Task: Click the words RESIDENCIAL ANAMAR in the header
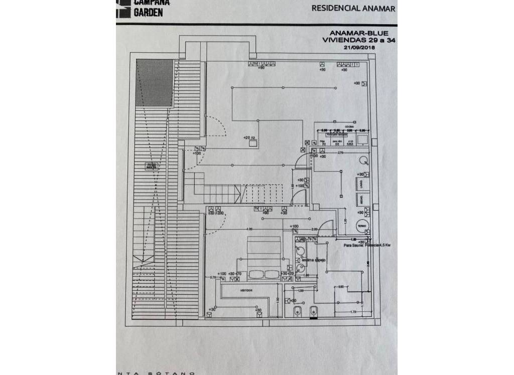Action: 353,8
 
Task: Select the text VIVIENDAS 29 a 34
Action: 358,41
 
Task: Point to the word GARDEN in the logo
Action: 148,13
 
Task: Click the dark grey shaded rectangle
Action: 155,82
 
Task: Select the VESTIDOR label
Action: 245,290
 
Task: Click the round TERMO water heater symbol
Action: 362,227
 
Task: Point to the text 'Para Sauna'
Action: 353,246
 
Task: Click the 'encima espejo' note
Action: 314,260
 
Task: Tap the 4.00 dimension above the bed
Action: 249,229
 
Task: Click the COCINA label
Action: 349,126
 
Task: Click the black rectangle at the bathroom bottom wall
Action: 314,316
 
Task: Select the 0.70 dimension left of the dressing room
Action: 213,277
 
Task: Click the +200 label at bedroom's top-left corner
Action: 219,213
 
